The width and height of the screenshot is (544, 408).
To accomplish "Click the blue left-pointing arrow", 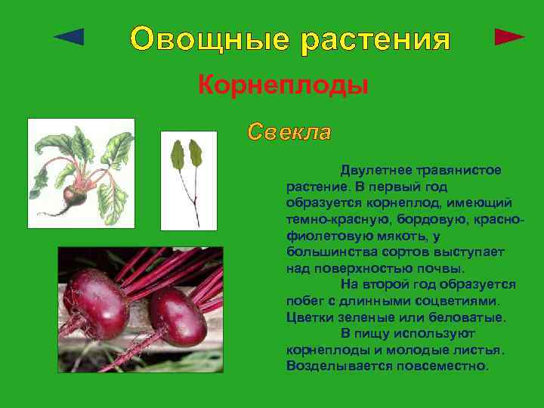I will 70,36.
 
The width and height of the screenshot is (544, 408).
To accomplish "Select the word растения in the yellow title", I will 376,39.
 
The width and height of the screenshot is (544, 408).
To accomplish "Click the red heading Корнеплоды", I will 283,85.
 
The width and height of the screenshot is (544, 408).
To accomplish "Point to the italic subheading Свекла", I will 289,132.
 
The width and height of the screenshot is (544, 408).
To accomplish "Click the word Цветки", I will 310,317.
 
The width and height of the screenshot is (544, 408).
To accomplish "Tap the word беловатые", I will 466,317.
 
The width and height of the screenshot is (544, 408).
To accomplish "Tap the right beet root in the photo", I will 176,316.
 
